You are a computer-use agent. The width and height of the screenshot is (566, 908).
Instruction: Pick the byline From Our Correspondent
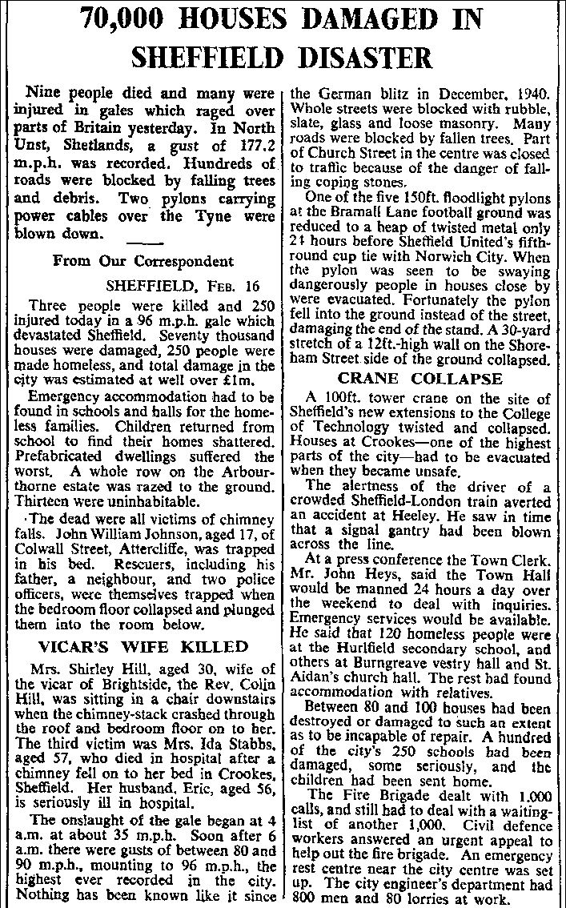[x=143, y=260]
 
